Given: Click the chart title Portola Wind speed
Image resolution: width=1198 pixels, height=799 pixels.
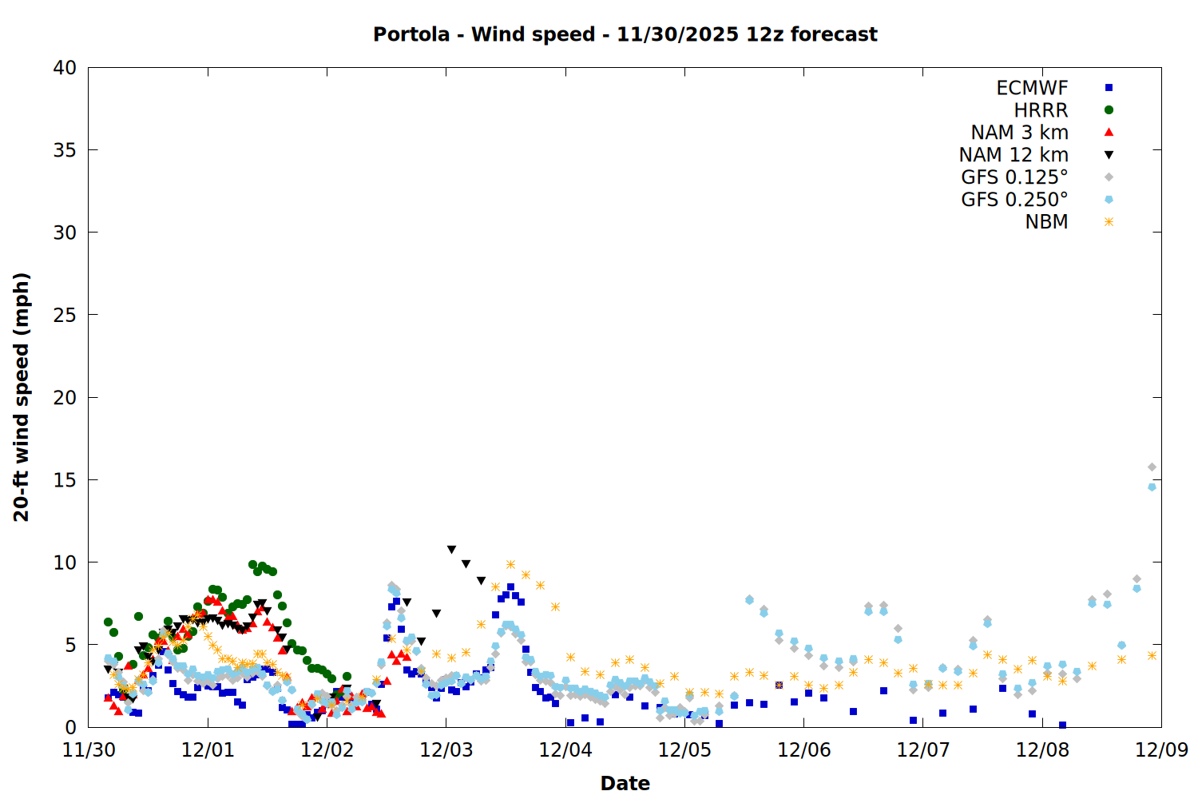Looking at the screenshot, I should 625,34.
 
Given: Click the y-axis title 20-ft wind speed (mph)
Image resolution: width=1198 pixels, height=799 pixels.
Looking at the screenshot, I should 22,397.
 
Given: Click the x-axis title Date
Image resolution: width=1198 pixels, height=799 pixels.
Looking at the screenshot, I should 625,783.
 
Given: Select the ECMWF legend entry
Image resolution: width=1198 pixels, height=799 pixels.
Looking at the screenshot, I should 1032,88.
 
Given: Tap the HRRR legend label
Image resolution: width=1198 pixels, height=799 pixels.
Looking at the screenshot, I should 1041,110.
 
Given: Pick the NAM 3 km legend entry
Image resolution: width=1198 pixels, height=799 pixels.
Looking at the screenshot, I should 1019,133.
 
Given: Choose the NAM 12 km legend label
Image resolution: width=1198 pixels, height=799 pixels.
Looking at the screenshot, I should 1014,155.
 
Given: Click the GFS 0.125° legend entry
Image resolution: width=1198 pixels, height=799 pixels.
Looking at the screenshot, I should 1014,177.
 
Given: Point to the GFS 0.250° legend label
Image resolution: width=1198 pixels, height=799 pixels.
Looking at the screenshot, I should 1014,200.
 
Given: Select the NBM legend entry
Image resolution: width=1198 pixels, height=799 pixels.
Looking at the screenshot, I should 1046,222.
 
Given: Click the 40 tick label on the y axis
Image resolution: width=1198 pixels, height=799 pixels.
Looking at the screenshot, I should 65,68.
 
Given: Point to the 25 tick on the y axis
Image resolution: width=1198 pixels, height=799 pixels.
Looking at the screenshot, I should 65,315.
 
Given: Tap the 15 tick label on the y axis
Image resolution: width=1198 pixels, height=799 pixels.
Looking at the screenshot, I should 65,480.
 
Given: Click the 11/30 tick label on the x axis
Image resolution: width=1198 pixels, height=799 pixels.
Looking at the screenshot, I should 89,750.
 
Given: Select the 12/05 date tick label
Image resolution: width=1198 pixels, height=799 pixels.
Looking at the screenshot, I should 684,750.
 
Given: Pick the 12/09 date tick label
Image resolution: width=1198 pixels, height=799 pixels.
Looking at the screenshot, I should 1161,750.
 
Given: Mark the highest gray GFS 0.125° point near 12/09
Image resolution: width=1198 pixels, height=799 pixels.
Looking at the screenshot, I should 1152,467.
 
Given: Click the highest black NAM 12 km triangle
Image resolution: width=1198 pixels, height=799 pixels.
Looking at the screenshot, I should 451,550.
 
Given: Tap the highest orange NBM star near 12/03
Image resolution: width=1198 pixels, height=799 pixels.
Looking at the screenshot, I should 510,565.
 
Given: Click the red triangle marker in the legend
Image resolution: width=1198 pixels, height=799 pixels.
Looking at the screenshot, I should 1109,133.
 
